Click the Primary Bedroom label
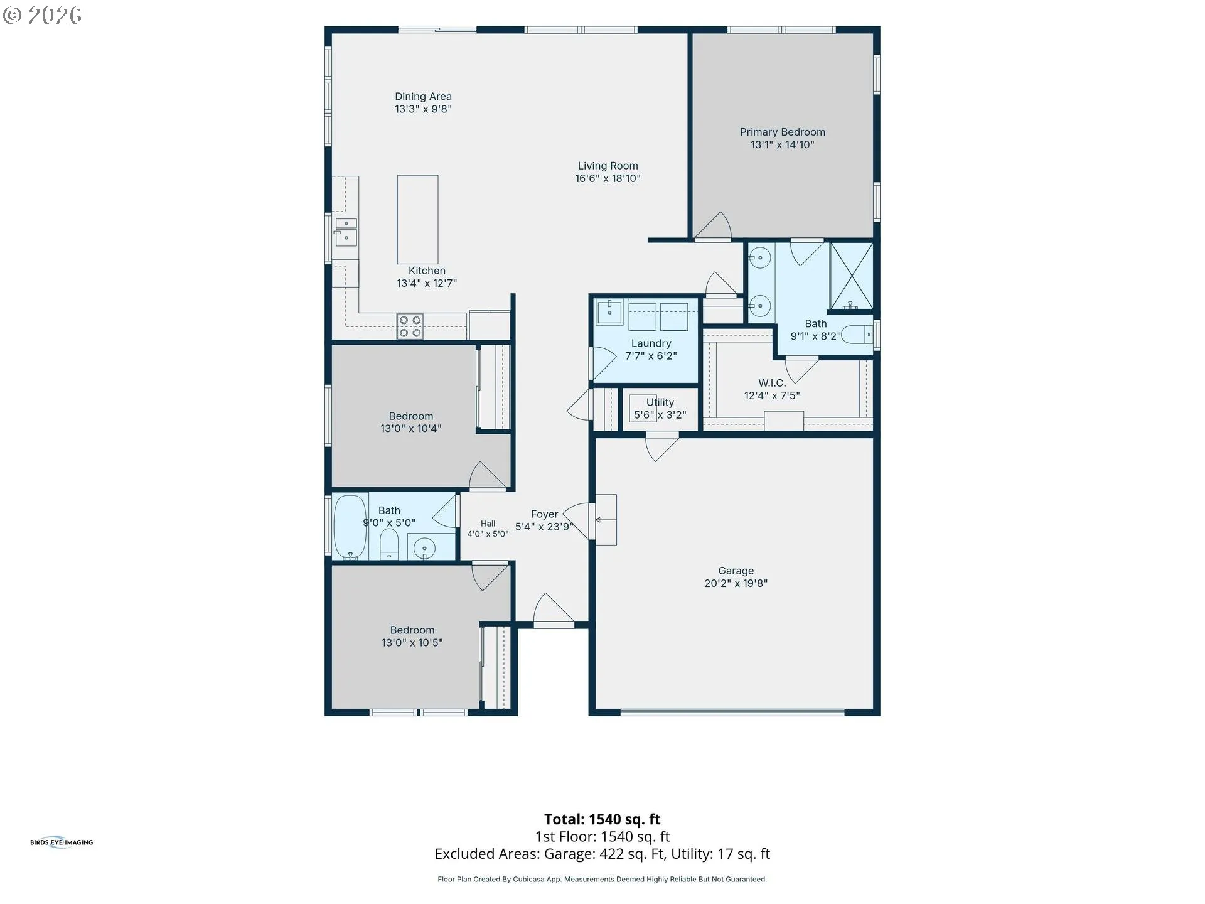pos(782,132)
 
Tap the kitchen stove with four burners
pos(410,326)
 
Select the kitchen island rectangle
pos(417,219)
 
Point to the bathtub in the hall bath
pos(350,527)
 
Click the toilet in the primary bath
pos(857,335)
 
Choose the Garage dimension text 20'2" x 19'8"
pos(736,583)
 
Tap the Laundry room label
pos(651,343)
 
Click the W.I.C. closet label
pos(772,383)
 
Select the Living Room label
pos(608,166)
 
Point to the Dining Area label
pos(423,96)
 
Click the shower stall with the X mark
pos(851,276)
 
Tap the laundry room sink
pos(609,312)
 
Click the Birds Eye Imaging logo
pos(62,842)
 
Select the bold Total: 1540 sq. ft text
pos(602,819)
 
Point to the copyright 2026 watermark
pos(42,15)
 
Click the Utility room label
pos(660,402)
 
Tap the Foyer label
pos(544,514)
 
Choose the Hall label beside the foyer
pos(488,524)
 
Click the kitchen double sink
pos(346,232)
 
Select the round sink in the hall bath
pos(425,548)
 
